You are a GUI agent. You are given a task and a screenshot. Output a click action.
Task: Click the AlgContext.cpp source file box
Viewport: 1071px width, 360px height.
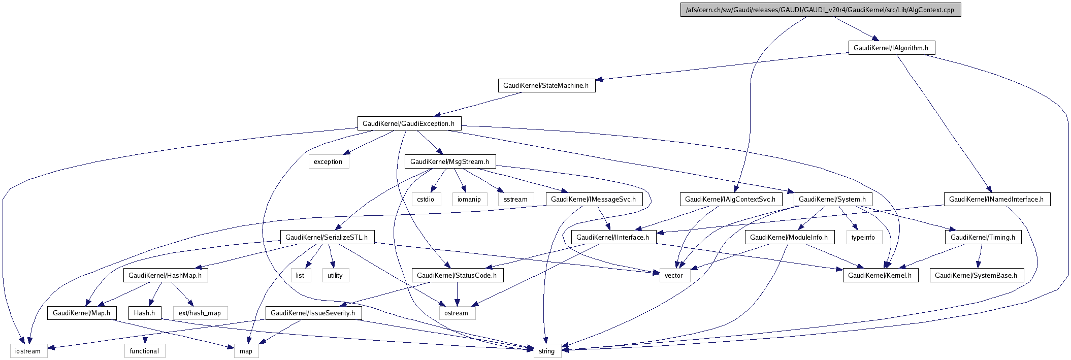point(820,10)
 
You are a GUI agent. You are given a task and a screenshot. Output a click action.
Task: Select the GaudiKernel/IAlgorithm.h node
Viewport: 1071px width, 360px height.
point(891,48)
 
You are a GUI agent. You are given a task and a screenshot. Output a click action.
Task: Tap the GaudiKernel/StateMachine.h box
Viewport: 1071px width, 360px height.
point(546,86)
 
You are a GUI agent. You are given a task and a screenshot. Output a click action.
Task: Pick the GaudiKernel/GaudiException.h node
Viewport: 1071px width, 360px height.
point(409,124)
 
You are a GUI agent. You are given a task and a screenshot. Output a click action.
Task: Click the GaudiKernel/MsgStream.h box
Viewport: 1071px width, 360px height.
point(449,162)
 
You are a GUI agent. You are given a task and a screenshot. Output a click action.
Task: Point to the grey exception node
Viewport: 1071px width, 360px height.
point(328,162)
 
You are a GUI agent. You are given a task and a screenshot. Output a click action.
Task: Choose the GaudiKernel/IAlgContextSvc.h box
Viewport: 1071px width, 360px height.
point(730,200)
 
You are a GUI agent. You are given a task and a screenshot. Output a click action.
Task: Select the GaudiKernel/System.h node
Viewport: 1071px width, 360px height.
point(832,200)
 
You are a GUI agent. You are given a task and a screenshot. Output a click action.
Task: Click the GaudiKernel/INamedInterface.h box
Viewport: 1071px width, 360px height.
point(996,200)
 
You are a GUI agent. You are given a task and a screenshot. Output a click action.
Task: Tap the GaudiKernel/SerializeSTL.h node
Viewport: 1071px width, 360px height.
point(327,238)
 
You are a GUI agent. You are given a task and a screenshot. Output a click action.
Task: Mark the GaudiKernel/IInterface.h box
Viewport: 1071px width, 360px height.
point(612,238)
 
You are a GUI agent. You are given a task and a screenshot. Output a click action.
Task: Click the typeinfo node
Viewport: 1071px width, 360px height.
point(863,238)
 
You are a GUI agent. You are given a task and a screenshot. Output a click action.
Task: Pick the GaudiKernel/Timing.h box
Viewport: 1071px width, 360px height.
point(983,238)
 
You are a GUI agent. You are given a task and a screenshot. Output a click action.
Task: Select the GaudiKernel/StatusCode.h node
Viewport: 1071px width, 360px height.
point(457,276)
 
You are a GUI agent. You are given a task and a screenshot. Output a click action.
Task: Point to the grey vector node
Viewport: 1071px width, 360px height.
point(674,276)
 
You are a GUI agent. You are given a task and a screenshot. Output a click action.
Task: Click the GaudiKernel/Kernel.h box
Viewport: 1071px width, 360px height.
point(880,276)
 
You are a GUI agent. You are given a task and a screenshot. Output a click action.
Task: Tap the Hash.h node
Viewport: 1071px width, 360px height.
point(144,313)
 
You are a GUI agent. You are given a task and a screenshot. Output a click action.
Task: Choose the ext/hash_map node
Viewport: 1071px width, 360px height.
point(200,313)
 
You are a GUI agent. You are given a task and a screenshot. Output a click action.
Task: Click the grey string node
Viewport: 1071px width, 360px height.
point(547,351)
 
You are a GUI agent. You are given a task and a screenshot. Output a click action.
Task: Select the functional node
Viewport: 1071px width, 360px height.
point(144,351)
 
